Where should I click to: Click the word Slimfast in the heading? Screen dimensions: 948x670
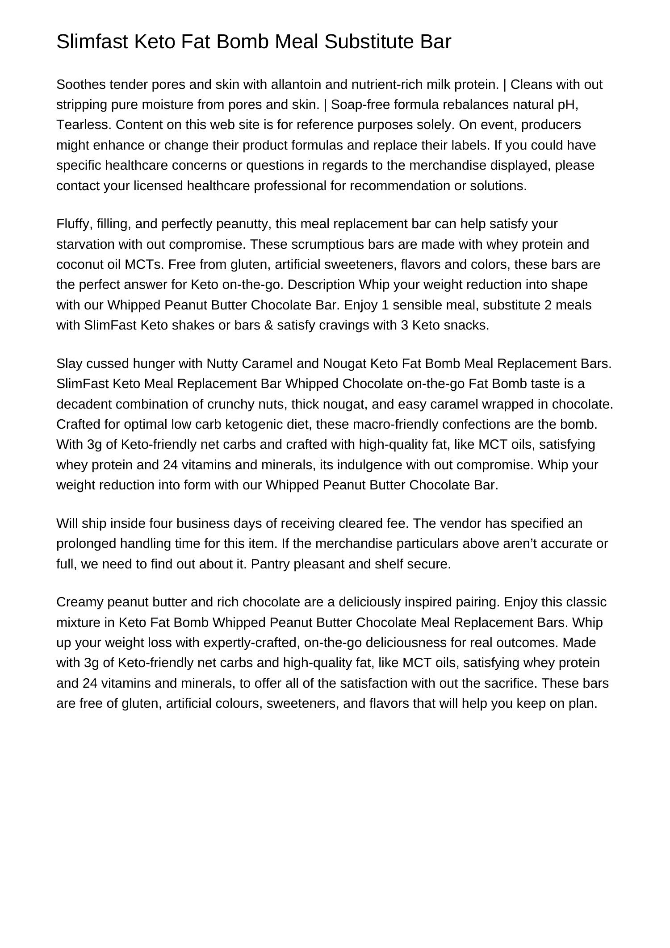[92, 42]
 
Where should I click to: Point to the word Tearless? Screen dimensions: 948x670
[84, 125]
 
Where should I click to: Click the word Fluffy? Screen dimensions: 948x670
[74, 224]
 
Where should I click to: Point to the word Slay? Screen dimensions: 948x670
[69, 363]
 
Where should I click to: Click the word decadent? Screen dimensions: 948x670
[84, 404]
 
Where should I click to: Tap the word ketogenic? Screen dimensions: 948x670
[256, 424]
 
